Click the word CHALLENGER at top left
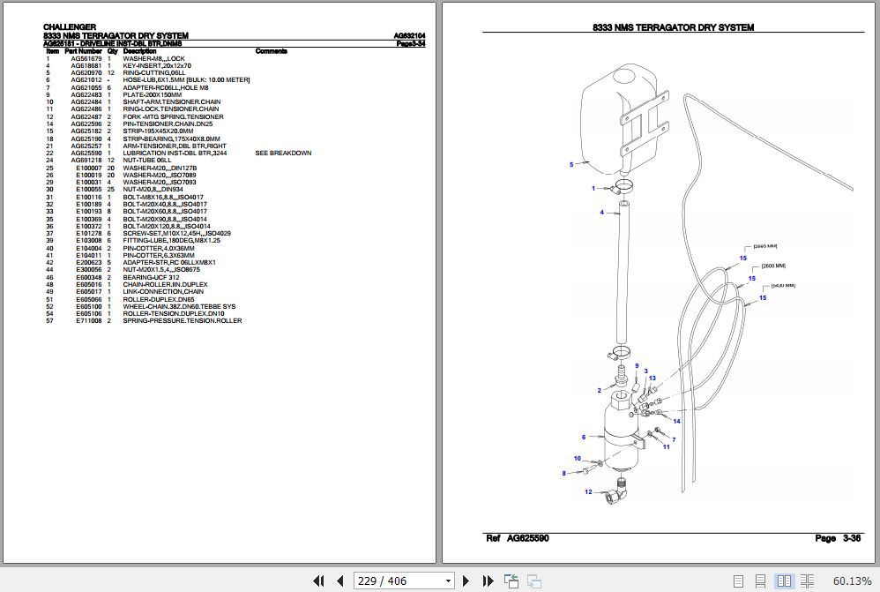[70, 27]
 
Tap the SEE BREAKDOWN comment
[283, 153]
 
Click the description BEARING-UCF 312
[151, 277]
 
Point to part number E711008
[89, 321]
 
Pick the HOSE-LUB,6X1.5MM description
[186, 80]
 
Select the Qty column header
[112, 51]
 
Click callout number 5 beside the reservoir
[571, 164]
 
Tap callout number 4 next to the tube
[602, 213]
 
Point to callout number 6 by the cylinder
[583, 437]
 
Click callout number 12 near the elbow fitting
[588, 491]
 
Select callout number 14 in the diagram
[676, 421]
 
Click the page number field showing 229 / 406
[405, 581]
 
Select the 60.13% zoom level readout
[852, 581]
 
